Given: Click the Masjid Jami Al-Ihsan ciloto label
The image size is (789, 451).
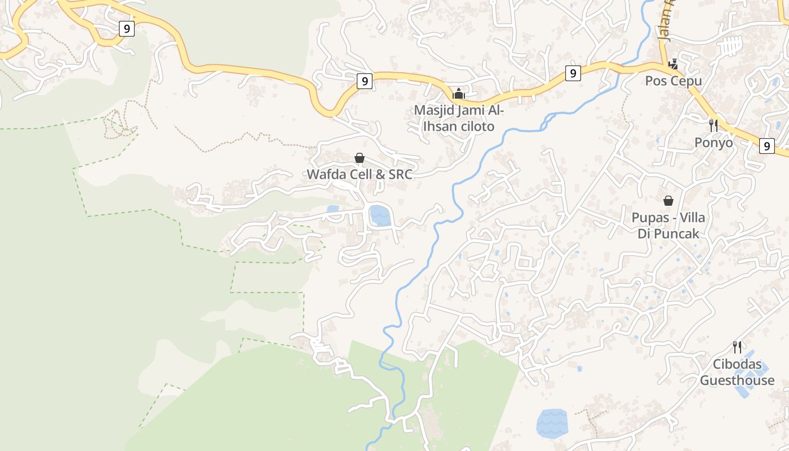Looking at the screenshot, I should click(458, 118).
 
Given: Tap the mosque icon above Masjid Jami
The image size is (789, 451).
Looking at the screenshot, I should click(459, 93).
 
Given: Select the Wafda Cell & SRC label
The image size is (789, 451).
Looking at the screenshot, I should click(360, 174).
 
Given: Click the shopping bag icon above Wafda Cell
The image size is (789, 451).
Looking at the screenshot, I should click(360, 158).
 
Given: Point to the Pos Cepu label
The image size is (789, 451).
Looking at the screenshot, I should click(673, 81).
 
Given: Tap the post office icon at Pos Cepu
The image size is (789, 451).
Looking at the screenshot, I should click(673, 64).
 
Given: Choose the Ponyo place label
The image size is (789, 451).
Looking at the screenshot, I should click(713, 143).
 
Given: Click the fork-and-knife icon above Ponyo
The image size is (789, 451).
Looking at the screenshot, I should click(713, 125).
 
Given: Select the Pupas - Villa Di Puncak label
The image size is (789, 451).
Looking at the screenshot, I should click(668, 225).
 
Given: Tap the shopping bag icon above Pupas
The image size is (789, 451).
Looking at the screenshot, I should click(668, 200).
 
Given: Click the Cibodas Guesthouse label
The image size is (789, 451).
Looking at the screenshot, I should click(737, 372).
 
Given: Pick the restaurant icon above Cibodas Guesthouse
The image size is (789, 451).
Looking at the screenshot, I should click(737, 346).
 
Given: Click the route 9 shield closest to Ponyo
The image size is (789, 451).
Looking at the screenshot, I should click(766, 145).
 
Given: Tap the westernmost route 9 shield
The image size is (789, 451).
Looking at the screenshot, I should click(127, 28).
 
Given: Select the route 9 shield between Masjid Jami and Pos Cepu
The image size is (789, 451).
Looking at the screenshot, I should click(573, 73).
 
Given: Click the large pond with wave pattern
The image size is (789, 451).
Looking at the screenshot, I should click(552, 423).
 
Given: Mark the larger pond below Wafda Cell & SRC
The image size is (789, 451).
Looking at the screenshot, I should click(380, 215).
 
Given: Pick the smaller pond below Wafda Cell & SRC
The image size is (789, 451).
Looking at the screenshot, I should click(333, 209).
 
